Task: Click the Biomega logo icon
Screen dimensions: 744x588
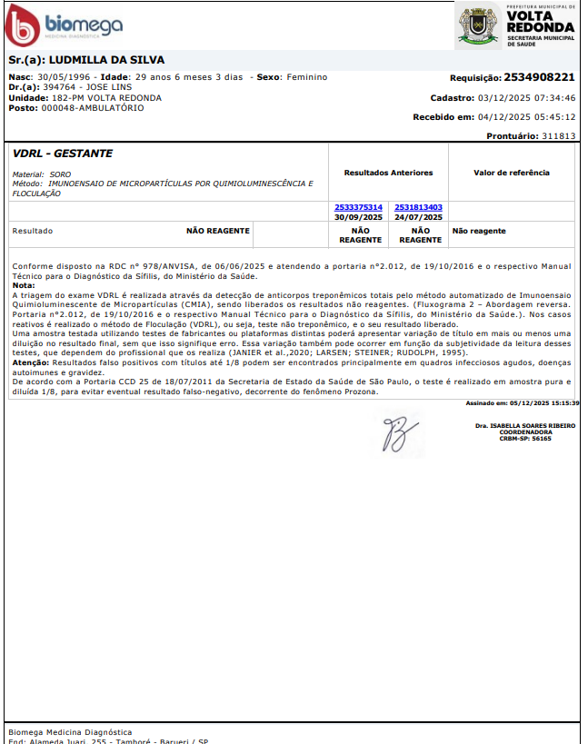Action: (x=24, y=25)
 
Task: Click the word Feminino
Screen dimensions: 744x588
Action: (x=305, y=77)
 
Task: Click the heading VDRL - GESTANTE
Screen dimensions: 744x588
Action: (x=63, y=154)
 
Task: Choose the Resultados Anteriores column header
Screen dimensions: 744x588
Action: (x=388, y=173)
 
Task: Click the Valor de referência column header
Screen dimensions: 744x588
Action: (x=512, y=173)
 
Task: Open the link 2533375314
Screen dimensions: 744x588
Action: (x=358, y=208)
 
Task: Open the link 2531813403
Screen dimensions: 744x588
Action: (x=419, y=208)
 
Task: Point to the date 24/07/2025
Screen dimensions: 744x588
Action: (x=419, y=217)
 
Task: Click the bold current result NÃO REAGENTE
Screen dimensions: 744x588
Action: (x=217, y=231)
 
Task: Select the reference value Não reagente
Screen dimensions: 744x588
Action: (x=479, y=231)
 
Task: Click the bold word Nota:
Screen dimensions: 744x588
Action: (x=24, y=286)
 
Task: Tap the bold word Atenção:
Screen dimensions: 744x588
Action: (x=30, y=362)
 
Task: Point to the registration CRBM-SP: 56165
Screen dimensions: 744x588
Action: (x=525, y=438)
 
